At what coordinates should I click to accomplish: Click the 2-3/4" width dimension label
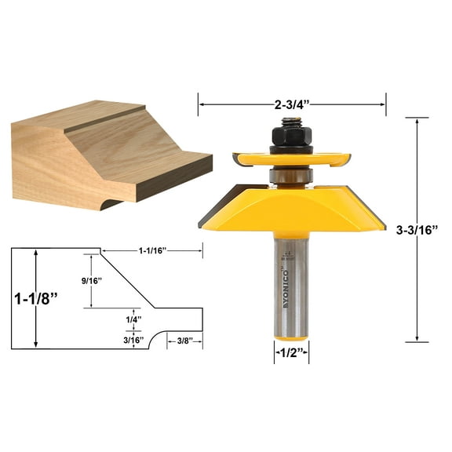291,102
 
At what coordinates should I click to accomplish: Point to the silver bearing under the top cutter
291,174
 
